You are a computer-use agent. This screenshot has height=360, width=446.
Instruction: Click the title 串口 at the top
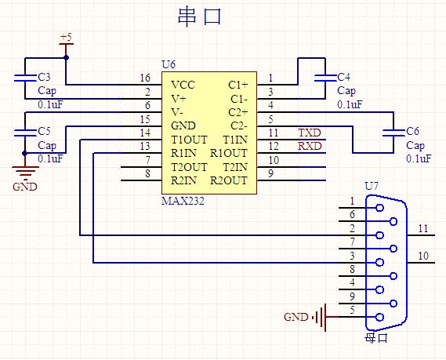(x=199, y=17)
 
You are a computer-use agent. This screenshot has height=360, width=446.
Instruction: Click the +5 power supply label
(x=66, y=37)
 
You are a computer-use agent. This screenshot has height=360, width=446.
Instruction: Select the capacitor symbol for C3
(x=25, y=78)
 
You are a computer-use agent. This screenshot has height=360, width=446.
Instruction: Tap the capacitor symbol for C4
(x=325, y=78)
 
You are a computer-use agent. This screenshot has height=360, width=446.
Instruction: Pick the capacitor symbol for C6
(x=393, y=133)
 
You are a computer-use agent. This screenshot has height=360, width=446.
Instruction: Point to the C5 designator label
(x=44, y=131)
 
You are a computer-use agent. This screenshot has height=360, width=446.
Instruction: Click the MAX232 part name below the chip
(x=183, y=202)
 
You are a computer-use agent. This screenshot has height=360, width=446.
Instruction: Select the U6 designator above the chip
(x=169, y=64)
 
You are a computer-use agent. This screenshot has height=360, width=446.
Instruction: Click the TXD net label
(x=310, y=133)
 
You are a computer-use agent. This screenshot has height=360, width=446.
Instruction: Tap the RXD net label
(x=310, y=146)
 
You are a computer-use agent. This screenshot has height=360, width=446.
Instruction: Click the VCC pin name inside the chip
(x=183, y=85)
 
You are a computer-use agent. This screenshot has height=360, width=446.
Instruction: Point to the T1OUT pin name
(x=189, y=140)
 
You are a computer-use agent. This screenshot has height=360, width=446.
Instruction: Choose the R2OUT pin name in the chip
(x=229, y=180)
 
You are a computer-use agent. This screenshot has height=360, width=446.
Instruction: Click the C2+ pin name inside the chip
(x=238, y=112)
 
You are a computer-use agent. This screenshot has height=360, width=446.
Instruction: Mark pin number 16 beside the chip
(x=145, y=78)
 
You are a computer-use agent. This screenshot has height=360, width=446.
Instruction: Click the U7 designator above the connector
(x=372, y=186)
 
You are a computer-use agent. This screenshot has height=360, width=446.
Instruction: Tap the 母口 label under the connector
(x=376, y=338)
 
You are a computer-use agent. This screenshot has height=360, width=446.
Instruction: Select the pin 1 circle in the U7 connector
(x=379, y=208)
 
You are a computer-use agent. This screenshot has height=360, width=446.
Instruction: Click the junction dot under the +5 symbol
(x=66, y=58)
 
